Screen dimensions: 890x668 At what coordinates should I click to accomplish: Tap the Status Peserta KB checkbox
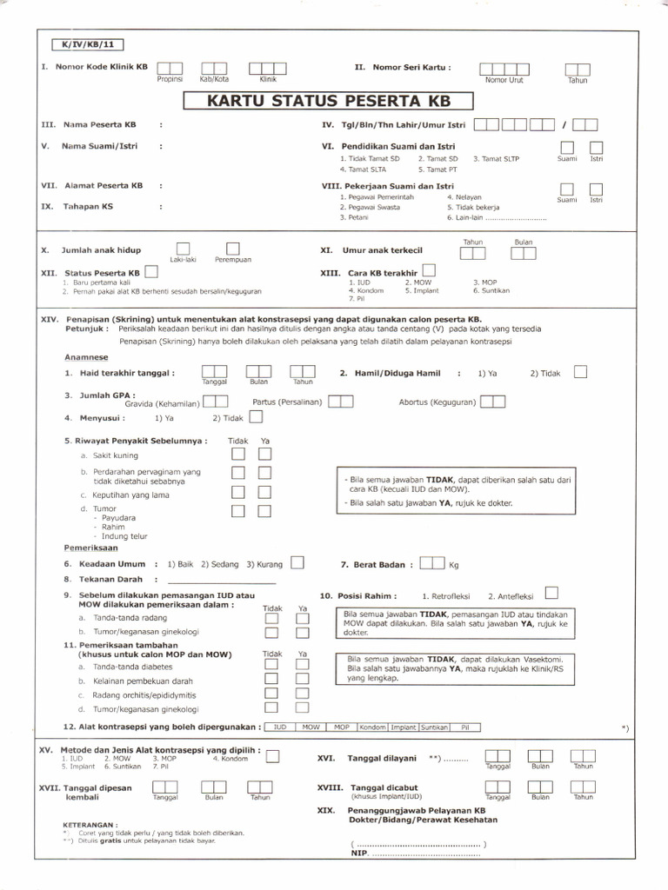151,272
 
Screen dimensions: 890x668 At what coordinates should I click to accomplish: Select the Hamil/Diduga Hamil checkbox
580,372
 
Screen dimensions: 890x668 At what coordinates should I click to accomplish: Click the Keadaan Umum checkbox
297,562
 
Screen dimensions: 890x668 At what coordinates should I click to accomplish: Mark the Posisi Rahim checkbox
551,594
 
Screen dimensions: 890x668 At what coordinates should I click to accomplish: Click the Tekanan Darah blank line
221,579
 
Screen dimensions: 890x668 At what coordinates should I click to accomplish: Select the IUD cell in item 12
279,727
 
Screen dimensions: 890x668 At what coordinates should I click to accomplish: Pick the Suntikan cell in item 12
435,727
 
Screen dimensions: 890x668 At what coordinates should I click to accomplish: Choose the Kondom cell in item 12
372,727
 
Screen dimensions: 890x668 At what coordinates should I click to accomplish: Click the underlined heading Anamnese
86,357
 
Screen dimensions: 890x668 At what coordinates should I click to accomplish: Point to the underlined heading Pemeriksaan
90,548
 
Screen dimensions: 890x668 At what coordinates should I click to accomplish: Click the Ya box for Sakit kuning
265,454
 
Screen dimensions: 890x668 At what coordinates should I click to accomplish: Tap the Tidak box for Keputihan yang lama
237,492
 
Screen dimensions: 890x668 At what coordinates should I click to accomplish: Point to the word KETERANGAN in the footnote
90,824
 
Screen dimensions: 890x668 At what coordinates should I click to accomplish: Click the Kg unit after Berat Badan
453,565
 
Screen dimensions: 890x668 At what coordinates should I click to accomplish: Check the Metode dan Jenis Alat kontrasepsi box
272,757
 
